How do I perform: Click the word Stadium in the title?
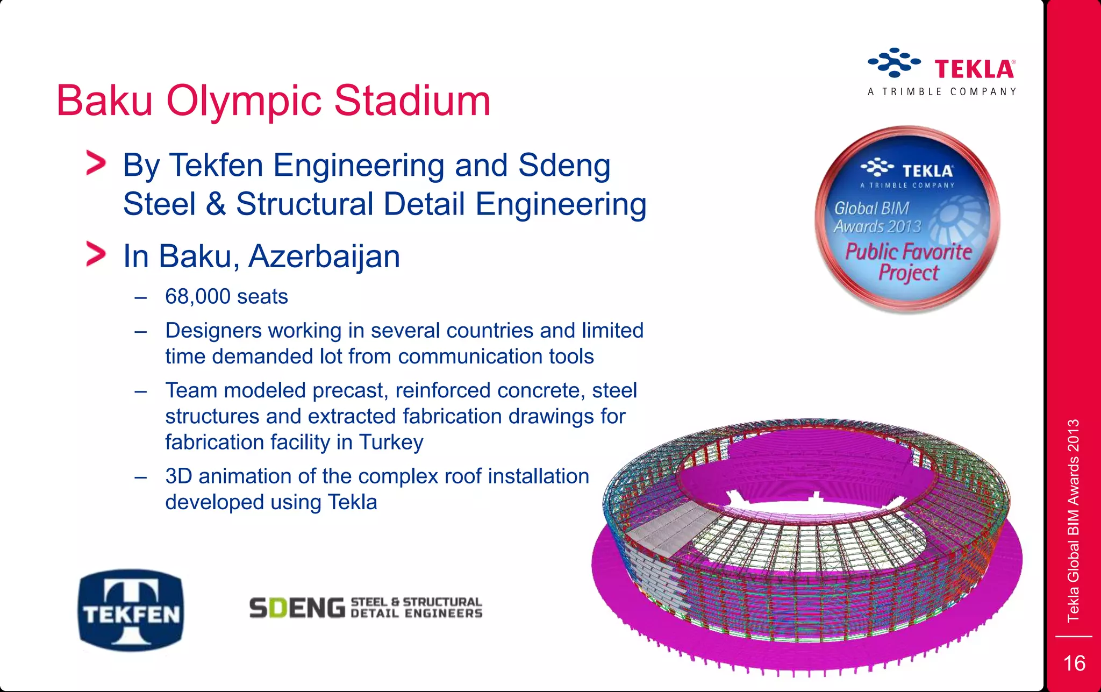click(x=412, y=101)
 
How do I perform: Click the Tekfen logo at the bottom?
click(x=131, y=610)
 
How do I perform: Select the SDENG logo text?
click(x=297, y=608)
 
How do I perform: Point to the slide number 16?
click(x=1074, y=663)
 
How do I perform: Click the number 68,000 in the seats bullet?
click(x=198, y=296)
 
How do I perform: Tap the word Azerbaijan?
click(x=324, y=256)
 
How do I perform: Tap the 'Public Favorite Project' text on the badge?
click(x=908, y=262)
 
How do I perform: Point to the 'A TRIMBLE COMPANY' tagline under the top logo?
click(x=942, y=92)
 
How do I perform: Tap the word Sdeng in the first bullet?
click(x=564, y=165)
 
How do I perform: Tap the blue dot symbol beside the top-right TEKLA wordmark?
click(x=894, y=62)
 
